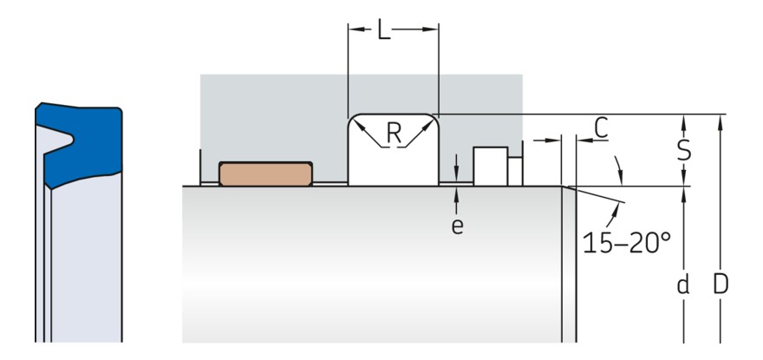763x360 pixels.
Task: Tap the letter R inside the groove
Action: point(395,133)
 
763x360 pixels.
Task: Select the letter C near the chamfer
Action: point(599,128)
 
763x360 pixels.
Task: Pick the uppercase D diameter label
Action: point(719,285)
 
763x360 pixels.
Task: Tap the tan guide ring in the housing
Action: point(264,173)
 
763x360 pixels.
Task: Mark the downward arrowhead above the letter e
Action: point(457,177)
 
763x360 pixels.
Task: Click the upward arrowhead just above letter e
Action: point(457,193)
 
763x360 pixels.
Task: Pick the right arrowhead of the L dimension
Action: point(433,29)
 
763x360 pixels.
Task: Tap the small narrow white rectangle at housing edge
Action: point(514,170)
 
